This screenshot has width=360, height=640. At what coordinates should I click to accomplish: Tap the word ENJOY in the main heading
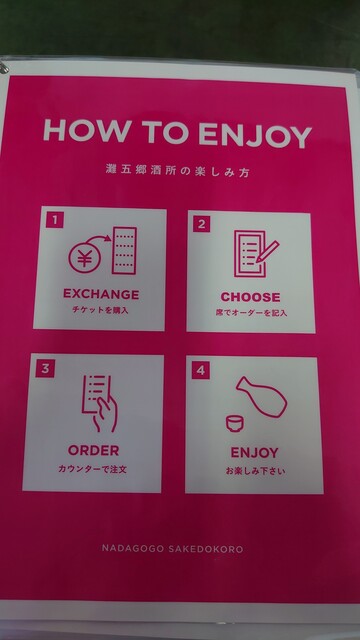[x=255, y=135]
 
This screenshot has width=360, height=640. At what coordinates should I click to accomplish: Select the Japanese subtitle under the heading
[x=177, y=171]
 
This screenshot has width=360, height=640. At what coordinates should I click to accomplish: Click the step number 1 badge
[x=55, y=220]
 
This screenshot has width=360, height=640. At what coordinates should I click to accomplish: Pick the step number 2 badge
[x=201, y=224]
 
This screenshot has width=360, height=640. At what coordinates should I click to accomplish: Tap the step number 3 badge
[x=44, y=369]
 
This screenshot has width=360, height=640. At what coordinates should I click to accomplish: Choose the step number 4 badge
[x=200, y=371]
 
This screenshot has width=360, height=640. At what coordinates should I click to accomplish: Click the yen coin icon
[x=84, y=259]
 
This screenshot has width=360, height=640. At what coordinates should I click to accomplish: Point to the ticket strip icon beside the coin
[x=124, y=250]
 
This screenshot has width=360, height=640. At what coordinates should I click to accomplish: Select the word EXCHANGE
[x=101, y=294]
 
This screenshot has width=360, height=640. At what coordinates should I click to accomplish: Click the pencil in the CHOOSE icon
[x=268, y=251]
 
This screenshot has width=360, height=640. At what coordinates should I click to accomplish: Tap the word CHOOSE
[x=251, y=297]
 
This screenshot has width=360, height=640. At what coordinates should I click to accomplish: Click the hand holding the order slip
[x=104, y=414]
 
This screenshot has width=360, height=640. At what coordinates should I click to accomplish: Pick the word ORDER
[x=93, y=451]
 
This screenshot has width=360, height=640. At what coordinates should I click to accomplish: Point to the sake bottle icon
[x=261, y=396]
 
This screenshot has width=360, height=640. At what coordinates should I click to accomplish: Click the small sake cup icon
[x=234, y=424]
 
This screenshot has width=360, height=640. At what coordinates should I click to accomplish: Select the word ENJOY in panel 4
[x=254, y=453]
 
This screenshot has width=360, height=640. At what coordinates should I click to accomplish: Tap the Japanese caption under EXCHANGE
[x=100, y=310]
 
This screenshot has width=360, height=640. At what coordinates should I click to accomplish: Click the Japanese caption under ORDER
[x=92, y=469]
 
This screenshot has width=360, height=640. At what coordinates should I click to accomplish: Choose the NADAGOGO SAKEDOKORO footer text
[x=172, y=549]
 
